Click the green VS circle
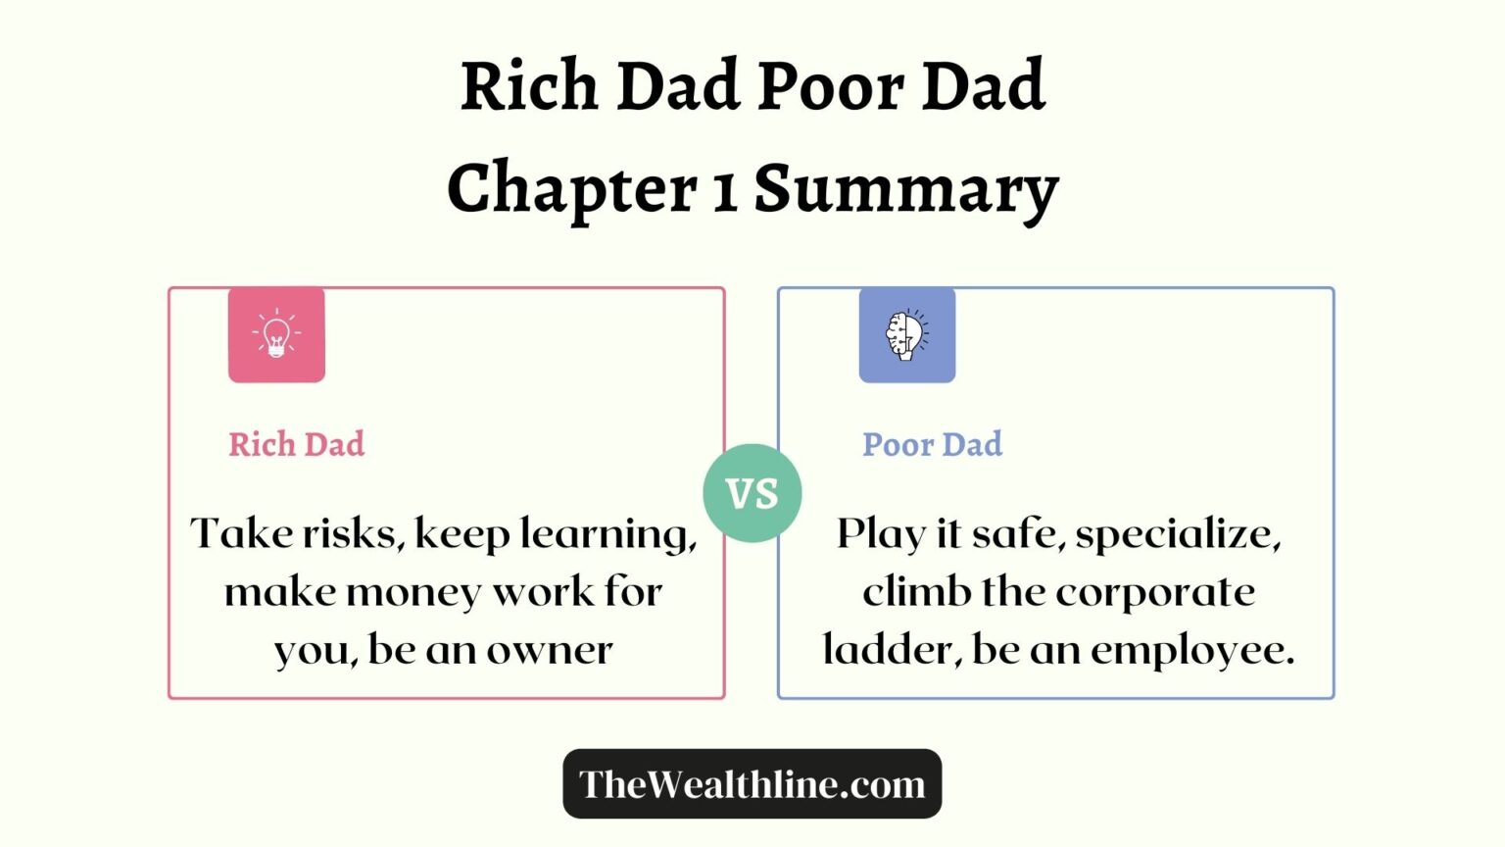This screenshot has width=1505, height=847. click(752, 493)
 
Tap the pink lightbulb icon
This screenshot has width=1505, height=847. click(276, 334)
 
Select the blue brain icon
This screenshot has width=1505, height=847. click(906, 334)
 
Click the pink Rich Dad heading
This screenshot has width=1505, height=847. click(296, 444)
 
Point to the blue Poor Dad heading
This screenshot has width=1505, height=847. click(932, 444)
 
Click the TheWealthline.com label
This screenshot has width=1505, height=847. click(752, 784)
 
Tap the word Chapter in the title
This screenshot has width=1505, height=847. click(571, 188)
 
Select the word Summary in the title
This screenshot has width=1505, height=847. click(905, 188)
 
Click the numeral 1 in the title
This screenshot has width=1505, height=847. click(724, 190)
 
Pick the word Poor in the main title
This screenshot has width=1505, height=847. click(831, 86)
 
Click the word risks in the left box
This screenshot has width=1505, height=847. click(353, 534)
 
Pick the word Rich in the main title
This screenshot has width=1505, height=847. click(529, 86)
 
